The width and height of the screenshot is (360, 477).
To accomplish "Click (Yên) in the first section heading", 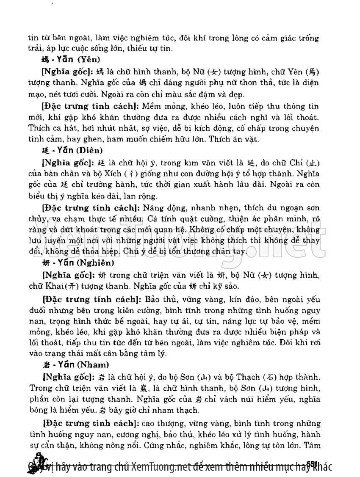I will click(x=90, y=60).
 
